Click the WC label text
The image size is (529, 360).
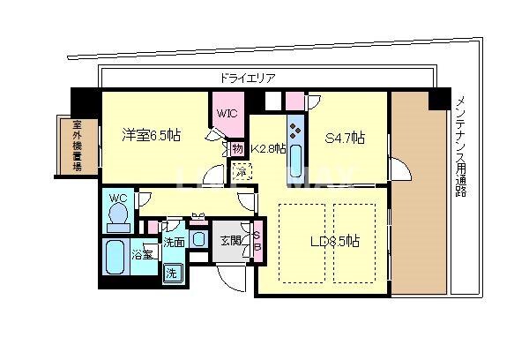pyautogui.click(x=116, y=199)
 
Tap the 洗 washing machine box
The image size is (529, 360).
pyautogui.click(x=173, y=273)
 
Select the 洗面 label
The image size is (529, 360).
pyautogui.click(x=174, y=242)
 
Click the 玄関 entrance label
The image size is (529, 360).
pyautogui.click(x=230, y=240)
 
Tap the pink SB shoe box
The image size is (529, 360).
pyautogui.click(x=257, y=241)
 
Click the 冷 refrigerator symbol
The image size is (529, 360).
pyautogui.click(x=240, y=172)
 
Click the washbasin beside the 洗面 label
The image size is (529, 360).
pyautogui.click(x=198, y=238)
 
